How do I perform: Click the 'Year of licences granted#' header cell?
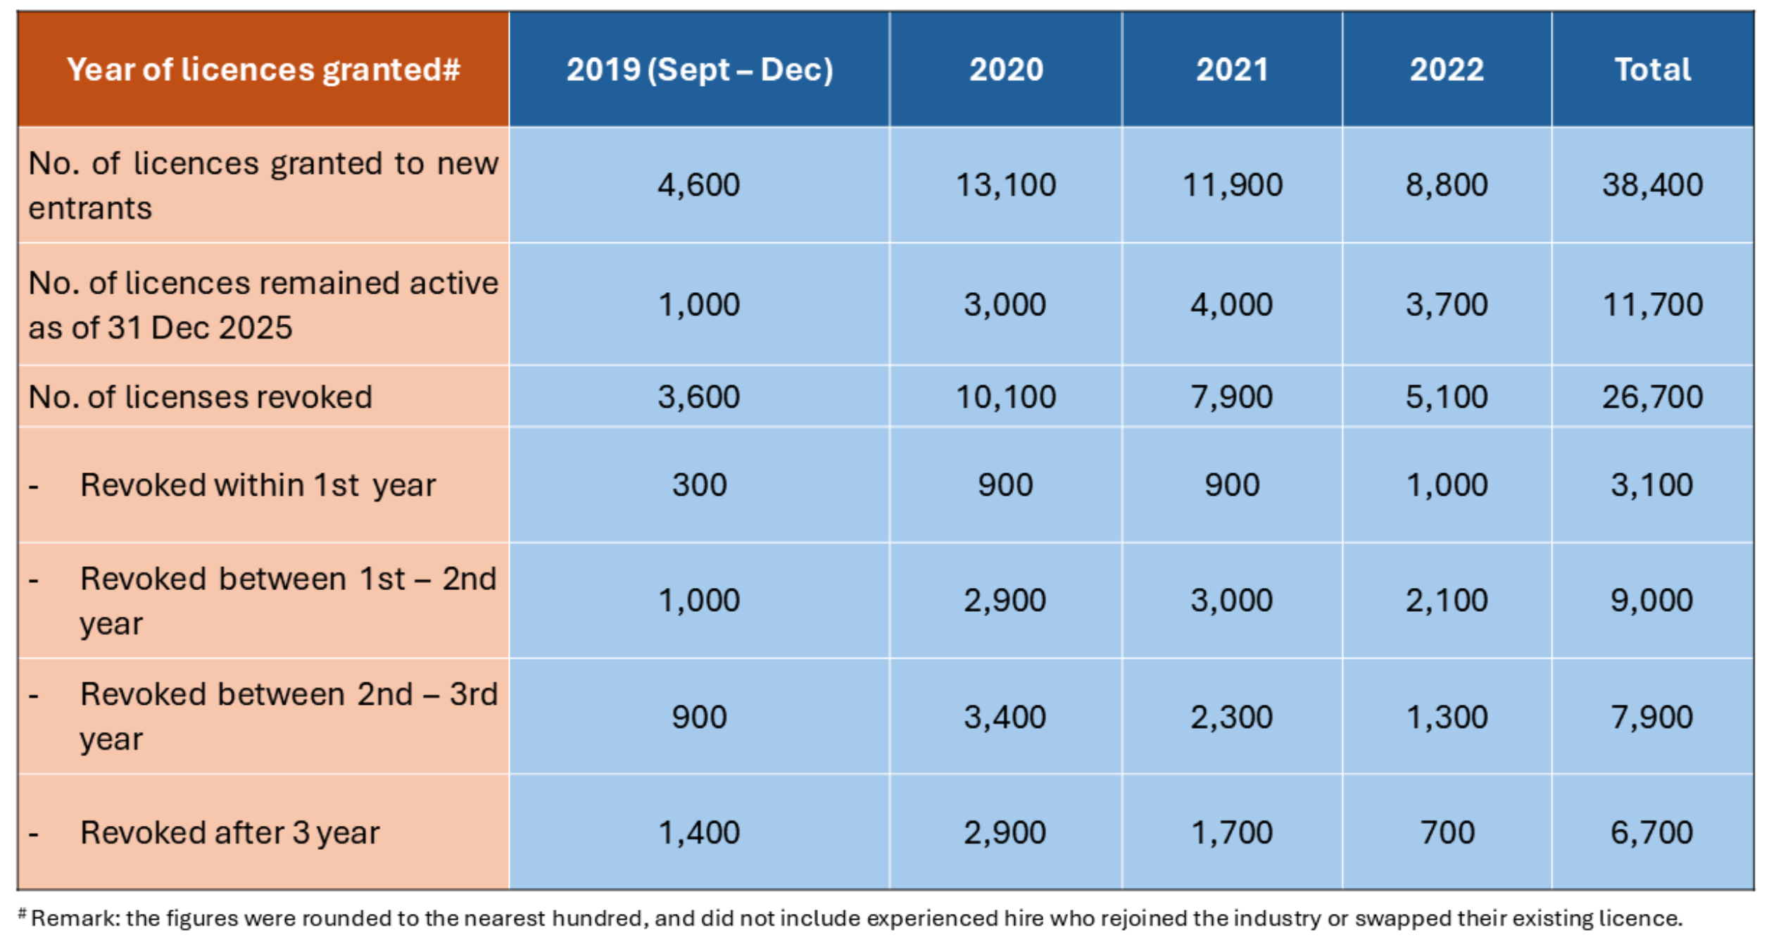(263, 69)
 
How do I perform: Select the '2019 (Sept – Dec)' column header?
(699, 69)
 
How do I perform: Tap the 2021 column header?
(1232, 69)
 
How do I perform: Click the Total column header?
(1652, 69)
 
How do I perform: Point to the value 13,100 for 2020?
(1005, 185)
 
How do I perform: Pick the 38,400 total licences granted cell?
(1652, 185)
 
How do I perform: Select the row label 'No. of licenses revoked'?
(200, 396)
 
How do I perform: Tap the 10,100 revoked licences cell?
(1005, 396)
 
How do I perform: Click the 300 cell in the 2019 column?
(699, 484)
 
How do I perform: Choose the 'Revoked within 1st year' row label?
(258, 484)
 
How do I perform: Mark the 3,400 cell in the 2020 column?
(1005, 717)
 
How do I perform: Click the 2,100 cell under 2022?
(1447, 600)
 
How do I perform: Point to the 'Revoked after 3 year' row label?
(229, 832)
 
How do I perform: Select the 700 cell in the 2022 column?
(1447, 832)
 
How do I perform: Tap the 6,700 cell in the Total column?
(1652, 832)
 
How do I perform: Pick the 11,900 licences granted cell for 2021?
(1232, 185)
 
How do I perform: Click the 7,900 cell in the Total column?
(1652, 717)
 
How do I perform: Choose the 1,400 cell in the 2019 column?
(699, 832)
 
